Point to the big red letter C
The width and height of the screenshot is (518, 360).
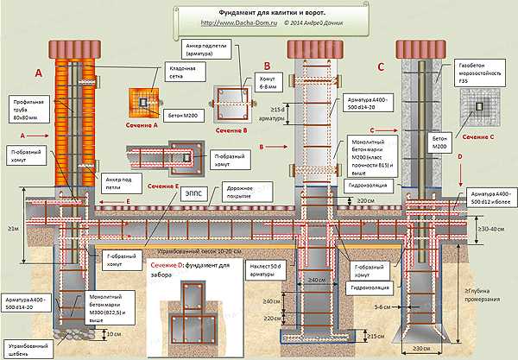click(381, 66)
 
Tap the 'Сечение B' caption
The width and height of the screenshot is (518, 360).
click(239, 130)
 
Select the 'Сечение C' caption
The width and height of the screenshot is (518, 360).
click(478, 136)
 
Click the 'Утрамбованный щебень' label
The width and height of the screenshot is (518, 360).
click(25, 348)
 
